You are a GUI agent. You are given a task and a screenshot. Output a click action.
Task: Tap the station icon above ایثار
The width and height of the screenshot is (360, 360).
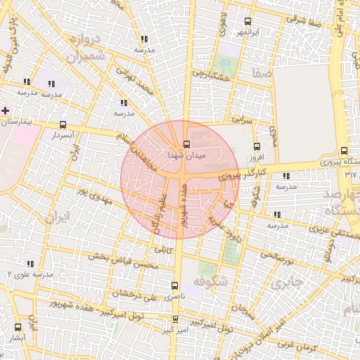(18, 327)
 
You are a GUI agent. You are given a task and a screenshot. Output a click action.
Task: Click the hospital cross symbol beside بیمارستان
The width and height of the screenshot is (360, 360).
(6, 110)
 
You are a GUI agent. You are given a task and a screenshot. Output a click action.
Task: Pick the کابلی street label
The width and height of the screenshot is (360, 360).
(163, 248)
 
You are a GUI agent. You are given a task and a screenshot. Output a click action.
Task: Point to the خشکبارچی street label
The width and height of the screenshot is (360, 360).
(211, 75)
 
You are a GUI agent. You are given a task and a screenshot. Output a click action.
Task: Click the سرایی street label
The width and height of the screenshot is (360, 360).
(242, 120)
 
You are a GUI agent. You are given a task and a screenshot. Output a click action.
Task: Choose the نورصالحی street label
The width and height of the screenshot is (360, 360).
(276, 259)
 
